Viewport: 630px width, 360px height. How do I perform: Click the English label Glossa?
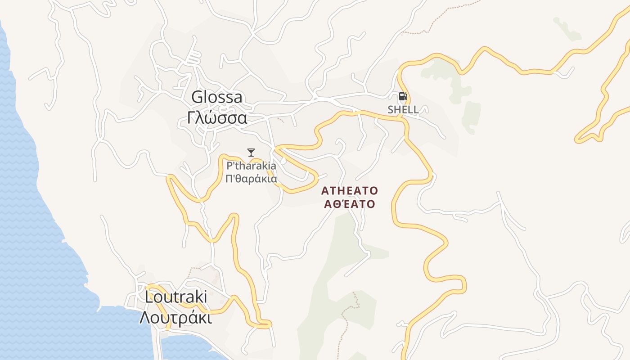[x=217, y=97]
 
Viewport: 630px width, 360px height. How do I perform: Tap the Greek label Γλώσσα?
[x=217, y=118]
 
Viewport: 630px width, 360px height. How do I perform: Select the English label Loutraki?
[x=176, y=297]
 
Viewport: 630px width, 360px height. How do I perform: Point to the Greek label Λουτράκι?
[x=175, y=318]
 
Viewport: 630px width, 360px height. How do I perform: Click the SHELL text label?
[x=403, y=109]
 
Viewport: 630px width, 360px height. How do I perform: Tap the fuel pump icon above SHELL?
[x=403, y=96]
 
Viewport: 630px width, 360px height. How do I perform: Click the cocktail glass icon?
[x=251, y=152]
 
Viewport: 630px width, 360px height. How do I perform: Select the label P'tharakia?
[x=252, y=166]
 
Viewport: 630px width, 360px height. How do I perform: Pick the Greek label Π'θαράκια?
[x=251, y=178]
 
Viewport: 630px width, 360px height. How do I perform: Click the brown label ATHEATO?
[x=350, y=191]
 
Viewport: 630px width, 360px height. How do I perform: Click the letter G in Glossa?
[x=197, y=97]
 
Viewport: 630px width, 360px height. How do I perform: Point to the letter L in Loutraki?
[x=149, y=297]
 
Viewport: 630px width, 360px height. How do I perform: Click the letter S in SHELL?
[x=391, y=109]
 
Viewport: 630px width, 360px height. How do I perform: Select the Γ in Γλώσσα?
[x=191, y=118]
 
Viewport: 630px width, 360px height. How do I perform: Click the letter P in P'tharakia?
[x=229, y=166]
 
